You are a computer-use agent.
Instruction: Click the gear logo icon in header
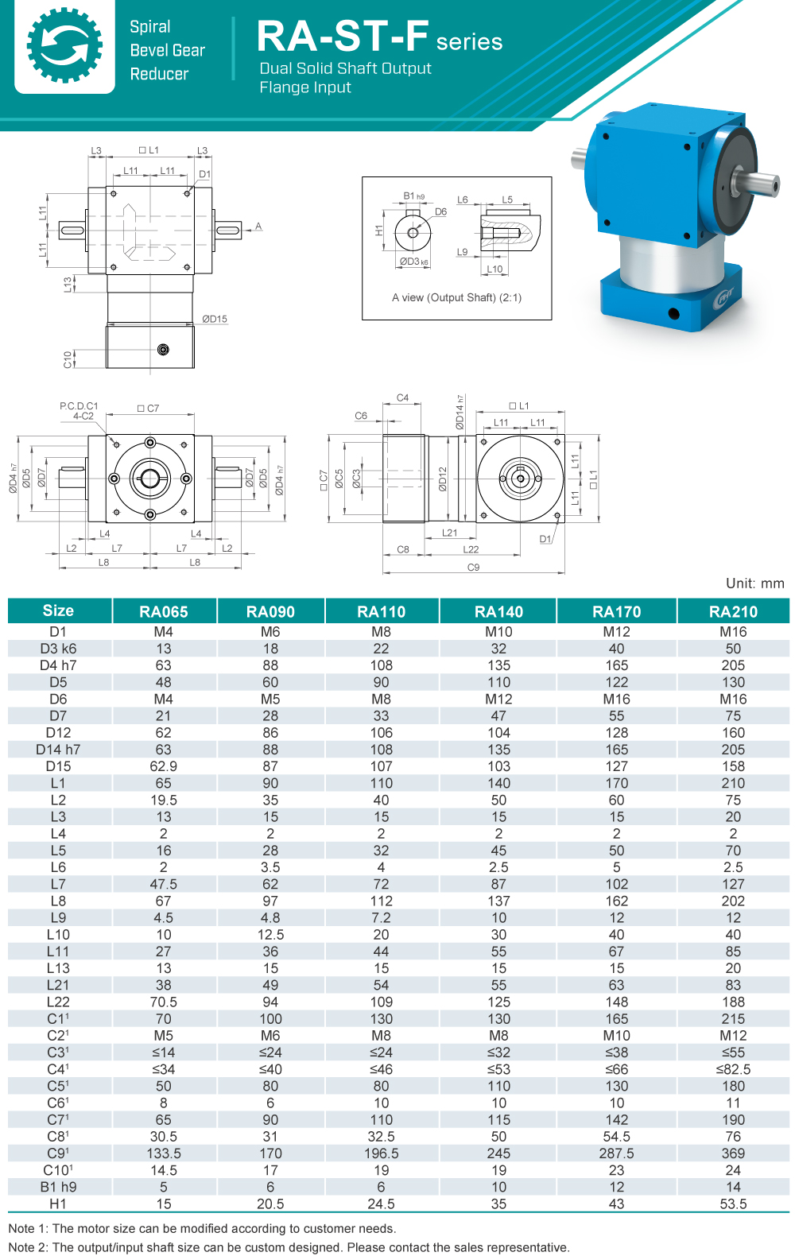[64, 46]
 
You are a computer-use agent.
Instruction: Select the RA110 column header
[381, 611]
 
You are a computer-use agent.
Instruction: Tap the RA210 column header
[733, 611]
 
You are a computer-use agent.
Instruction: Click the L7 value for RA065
[163, 884]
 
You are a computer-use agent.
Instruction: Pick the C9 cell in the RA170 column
[616, 1153]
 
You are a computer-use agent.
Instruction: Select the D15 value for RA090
[270, 766]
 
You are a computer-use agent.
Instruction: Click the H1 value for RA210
[733, 1204]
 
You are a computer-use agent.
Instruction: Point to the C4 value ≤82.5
[733, 1069]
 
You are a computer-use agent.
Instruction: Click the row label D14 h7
[58, 750]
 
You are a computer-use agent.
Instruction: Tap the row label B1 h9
[58, 1187]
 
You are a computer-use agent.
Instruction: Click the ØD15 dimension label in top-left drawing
[214, 319]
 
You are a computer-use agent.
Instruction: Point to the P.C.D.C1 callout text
[79, 406]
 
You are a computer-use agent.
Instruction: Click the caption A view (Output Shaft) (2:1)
[456, 297]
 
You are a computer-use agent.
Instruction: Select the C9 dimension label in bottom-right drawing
[473, 568]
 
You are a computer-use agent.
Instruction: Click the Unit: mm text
[754, 583]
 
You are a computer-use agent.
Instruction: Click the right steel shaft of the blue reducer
[759, 184]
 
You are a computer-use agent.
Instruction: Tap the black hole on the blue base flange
[673, 313]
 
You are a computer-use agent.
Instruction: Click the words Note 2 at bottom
[28, 1247]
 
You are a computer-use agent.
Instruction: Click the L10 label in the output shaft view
[494, 269]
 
